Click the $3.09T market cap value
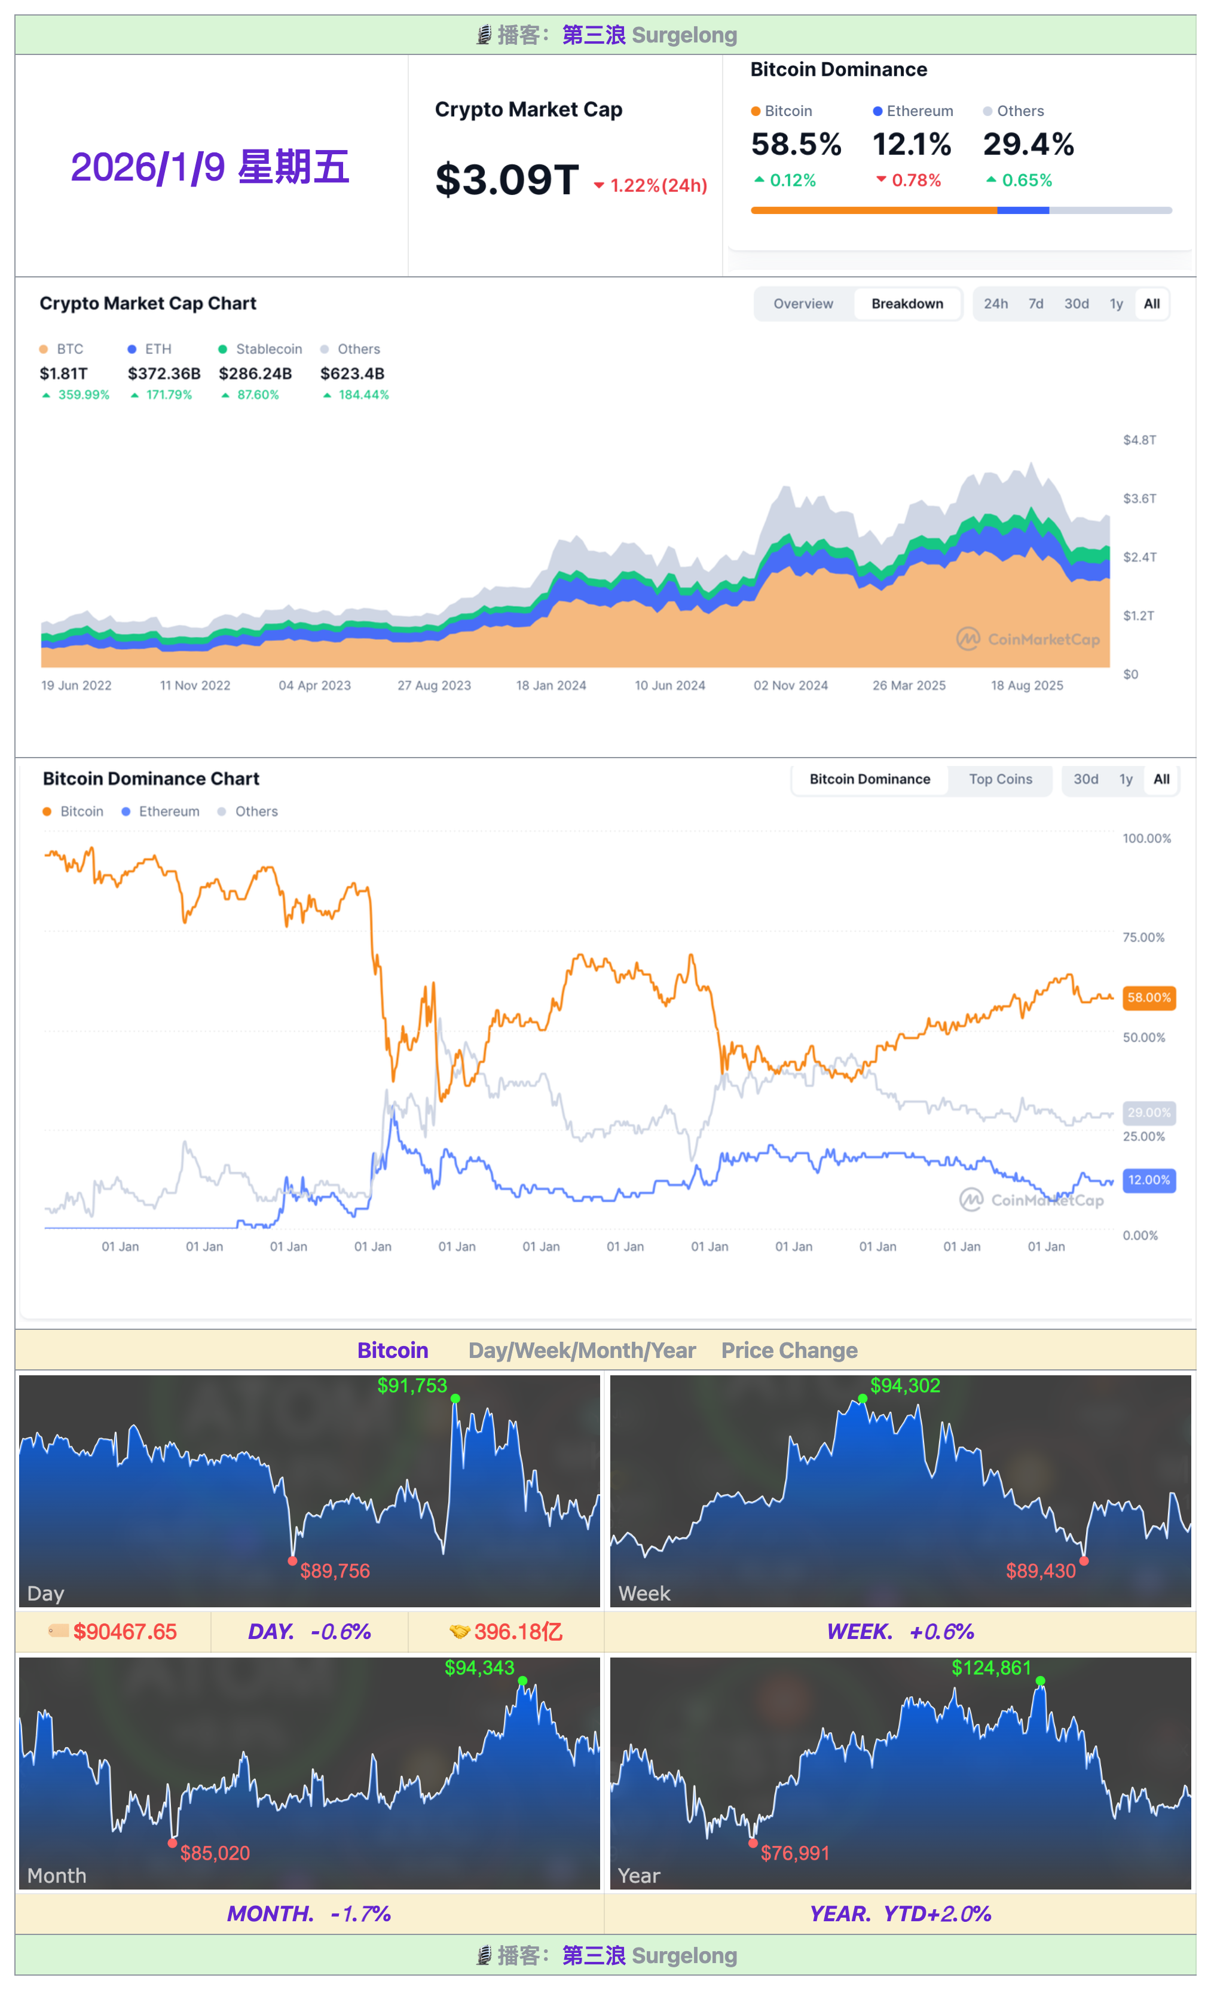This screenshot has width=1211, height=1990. pos(506,179)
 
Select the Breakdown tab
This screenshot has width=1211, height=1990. pos(907,304)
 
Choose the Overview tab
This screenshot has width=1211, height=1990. pos(803,304)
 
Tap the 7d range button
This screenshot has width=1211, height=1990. pos(1035,304)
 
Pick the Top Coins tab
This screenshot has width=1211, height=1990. pos(1000,779)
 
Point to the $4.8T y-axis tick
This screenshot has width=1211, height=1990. pos(1139,440)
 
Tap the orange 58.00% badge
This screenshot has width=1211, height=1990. pos(1148,997)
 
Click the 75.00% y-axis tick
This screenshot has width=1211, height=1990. pos(1143,938)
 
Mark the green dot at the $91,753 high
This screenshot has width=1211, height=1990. pos(455,1399)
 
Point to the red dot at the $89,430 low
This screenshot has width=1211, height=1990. pos(1084,1561)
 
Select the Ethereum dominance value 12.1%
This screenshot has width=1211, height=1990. pos(912,145)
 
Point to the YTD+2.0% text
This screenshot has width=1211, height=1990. pos(937,1913)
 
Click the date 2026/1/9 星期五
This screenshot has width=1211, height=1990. pos(210,167)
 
